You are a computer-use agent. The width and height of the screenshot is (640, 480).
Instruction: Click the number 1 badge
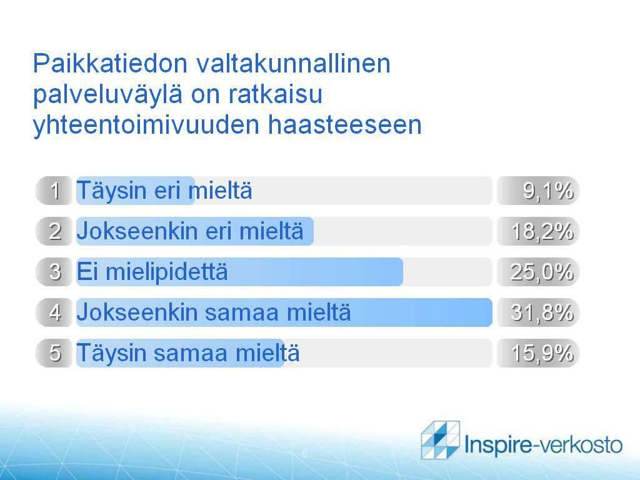[x=54, y=191]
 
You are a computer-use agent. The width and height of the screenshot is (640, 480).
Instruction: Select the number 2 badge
[x=54, y=231]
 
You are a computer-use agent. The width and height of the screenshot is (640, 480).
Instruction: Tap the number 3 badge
[x=54, y=272]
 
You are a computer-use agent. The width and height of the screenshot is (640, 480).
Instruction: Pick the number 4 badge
[x=54, y=312]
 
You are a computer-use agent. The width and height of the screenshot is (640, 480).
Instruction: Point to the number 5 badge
[x=54, y=352]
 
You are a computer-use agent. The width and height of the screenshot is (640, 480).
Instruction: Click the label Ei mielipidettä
[x=152, y=271]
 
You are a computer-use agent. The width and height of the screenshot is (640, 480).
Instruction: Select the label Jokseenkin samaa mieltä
[x=214, y=312]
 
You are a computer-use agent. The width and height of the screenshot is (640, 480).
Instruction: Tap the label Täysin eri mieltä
[x=164, y=191]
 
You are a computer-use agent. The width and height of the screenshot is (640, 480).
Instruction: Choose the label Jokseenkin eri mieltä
[x=190, y=231]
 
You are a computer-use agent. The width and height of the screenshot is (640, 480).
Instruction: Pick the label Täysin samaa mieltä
[x=188, y=353]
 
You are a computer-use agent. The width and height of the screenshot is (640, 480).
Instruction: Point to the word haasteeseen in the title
[x=344, y=124]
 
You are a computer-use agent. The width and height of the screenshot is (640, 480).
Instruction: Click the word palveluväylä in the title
[x=107, y=95]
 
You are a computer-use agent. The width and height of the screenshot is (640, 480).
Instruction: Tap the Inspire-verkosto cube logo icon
[x=441, y=439]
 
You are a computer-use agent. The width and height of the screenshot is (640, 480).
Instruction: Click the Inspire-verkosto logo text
[x=544, y=444]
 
